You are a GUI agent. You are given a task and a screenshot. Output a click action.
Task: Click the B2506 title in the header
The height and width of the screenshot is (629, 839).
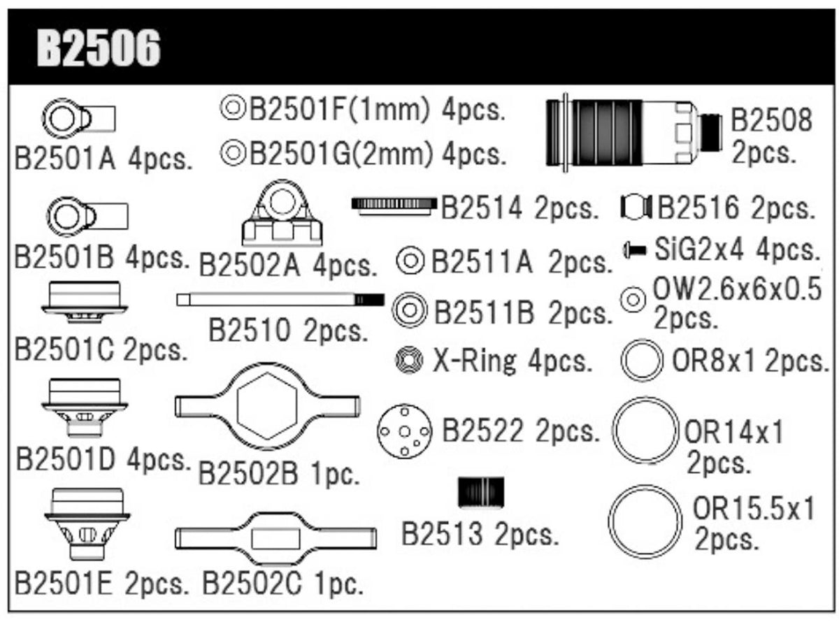point(99,48)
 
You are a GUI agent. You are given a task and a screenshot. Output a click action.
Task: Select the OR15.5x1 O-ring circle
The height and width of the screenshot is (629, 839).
point(644,522)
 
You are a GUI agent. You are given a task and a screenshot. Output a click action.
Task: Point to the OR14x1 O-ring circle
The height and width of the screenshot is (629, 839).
point(645,430)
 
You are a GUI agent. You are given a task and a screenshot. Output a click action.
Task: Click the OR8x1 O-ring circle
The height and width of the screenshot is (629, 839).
point(641,361)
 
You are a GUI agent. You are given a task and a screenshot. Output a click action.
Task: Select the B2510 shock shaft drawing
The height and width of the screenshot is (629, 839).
point(280,300)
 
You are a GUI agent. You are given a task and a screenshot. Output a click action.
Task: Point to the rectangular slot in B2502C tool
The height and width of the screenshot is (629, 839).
point(275,537)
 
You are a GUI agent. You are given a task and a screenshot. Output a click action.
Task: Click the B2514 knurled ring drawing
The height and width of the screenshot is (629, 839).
point(392,205)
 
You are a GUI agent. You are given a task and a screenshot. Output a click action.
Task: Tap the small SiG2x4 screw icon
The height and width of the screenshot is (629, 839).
point(634,250)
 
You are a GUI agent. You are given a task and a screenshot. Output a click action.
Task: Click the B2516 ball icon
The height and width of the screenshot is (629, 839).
point(636,207)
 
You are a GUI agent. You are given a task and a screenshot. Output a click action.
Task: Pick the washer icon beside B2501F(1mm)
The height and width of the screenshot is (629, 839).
point(232,108)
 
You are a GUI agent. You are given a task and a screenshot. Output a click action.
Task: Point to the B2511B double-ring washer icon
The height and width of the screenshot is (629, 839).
point(410,309)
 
